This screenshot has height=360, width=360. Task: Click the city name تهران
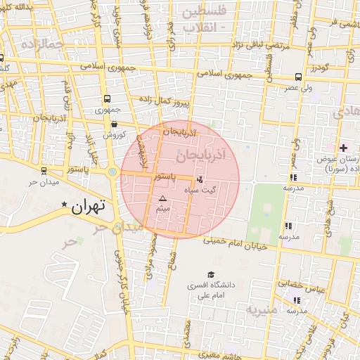[x=89, y=206]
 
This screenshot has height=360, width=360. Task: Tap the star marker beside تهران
[x=65, y=205]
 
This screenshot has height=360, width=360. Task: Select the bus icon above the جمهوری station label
[x=107, y=99]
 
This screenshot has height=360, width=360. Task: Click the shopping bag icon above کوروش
[x=114, y=124]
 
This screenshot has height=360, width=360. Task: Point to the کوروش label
[x=114, y=134]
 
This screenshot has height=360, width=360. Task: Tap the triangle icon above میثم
[x=163, y=199]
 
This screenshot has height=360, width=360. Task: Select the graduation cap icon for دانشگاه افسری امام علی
[x=210, y=275]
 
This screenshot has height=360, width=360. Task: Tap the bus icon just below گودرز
[x=299, y=77]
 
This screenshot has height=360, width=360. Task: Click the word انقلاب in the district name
[x=200, y=27]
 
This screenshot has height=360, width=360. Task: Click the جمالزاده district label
[x=42, y=44]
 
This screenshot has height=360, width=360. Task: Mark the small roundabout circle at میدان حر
[x=112, y=172]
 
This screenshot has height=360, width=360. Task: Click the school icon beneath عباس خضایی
[x=295, y=300]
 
